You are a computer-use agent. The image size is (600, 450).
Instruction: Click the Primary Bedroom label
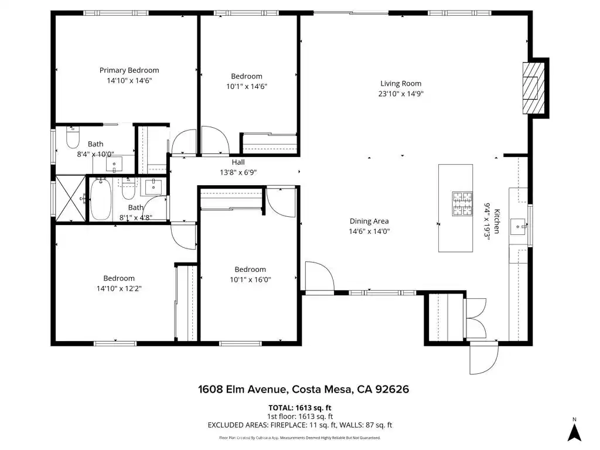(129, 70)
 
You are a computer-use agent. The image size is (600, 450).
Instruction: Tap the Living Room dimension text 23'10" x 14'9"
(401, 94)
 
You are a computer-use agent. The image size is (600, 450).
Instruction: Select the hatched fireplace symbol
(534, 88)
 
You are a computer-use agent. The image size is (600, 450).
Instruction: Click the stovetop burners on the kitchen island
(462, 204)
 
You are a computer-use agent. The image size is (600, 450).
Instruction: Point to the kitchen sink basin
(519, 227)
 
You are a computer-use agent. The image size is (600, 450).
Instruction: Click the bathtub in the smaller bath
(101, 199)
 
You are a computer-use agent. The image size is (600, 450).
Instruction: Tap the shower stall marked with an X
(71, 198)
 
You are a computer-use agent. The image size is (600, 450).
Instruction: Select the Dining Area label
(369, 221)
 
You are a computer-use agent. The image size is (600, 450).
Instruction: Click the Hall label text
(238, 162)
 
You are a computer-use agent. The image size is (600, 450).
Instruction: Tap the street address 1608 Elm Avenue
(243, 390)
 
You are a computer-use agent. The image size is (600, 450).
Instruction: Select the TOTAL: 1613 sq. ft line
(299, 408)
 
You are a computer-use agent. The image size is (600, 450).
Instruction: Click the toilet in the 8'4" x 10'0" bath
(73, 137)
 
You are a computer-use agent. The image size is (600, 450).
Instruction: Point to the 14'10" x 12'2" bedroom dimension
(119, 288)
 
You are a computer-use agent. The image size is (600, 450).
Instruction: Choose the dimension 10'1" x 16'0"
(250, 279)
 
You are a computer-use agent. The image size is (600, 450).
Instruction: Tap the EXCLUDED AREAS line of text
(300, 425)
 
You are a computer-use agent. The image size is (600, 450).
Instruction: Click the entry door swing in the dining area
(320, 277)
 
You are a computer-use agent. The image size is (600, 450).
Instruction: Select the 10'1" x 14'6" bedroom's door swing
(216, 140)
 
